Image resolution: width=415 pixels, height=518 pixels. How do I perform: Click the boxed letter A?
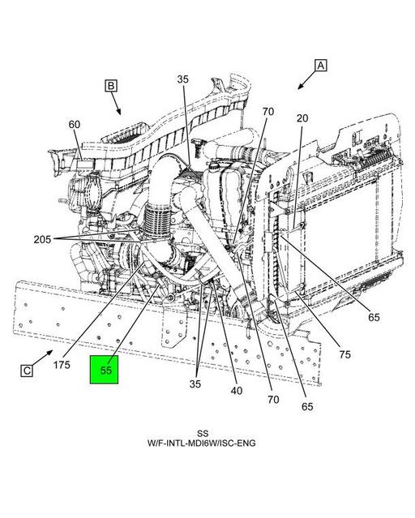(321, 66)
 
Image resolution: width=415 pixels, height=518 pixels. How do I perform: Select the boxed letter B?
(111, 85)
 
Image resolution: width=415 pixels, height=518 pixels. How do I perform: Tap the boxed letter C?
(27, 370)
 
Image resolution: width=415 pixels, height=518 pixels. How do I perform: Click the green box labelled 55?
(105, 370)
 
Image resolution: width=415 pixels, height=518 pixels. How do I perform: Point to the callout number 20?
(302, 118)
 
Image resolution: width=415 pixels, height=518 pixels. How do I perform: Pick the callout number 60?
(75, 125)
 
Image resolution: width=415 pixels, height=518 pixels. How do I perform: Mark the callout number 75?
(344, 353)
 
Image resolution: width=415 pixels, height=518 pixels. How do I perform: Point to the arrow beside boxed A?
(305, 79)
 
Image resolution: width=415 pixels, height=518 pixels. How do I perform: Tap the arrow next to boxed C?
(45, 357)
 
